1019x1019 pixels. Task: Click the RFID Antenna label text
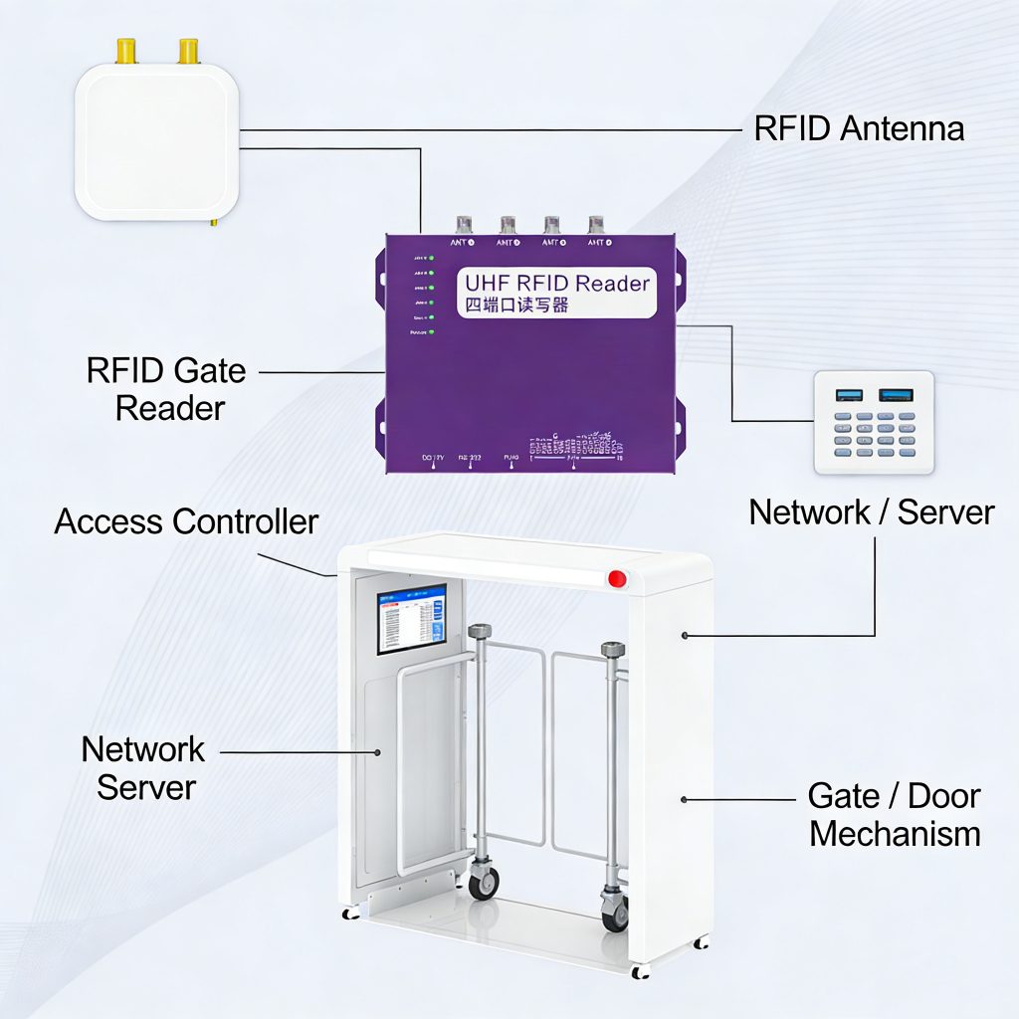coord(859,128)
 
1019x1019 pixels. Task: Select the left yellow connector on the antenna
coord(126,51)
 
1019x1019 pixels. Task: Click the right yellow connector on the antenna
coord(187,51)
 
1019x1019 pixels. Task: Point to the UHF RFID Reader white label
coord(556,293)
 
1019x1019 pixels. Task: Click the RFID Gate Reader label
coord(167,389)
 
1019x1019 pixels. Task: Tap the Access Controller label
coord(186,521)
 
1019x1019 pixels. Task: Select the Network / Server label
coord(872,512)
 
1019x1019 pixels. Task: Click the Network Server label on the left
coord(145,768)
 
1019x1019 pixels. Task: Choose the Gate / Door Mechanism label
coord(895,815)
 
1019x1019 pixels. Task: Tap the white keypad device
coord(874,422)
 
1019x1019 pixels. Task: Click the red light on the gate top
coord(617,577)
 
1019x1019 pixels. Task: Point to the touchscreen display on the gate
coord(411,618)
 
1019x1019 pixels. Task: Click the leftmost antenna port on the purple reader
coord(464,226)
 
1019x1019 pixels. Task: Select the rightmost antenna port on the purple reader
coord(596,226)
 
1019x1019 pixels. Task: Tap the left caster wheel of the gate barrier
coord(484,882)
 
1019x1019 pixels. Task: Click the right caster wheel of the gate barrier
coord(615,911)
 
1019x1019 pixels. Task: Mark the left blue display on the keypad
coord(849,395)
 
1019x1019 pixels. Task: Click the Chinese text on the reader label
coord(518,306)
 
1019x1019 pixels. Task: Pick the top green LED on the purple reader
coord(432,258)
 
